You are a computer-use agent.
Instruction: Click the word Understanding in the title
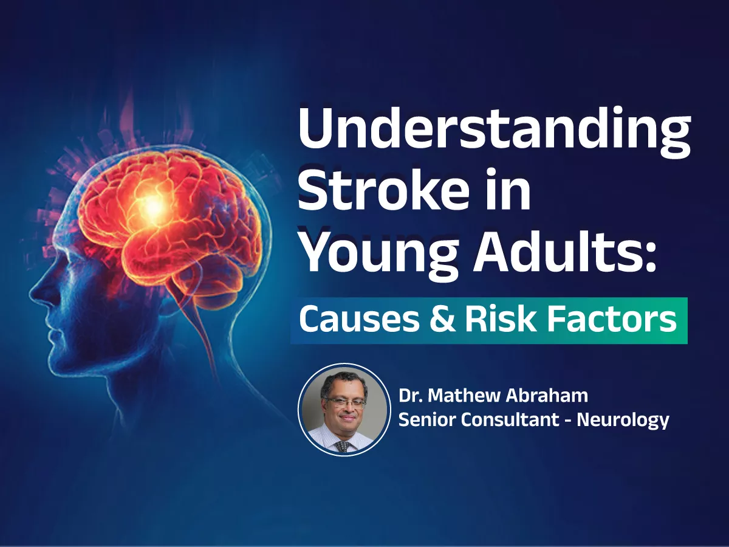click(x=494, y=132)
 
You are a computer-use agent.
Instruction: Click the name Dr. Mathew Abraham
click(x=493, y=396)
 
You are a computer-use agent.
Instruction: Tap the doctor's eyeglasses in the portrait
click(x=344, y=402)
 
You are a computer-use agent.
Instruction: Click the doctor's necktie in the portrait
click(x=343, y=446)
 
